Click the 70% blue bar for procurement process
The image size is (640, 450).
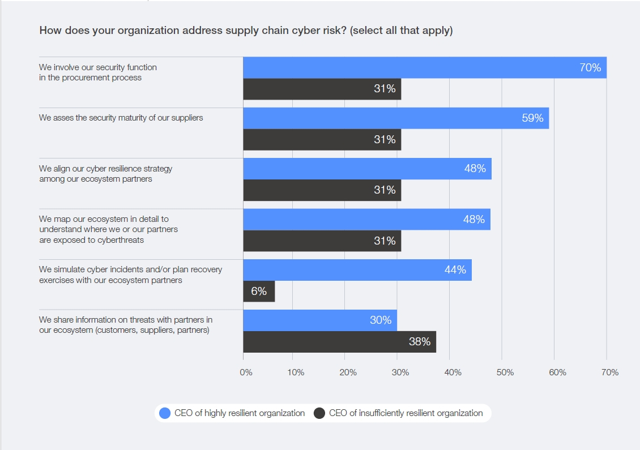click(425, 67)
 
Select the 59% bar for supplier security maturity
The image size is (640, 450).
click(396, 118)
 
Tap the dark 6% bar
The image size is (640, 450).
click(259, 292)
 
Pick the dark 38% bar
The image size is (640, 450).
click(340, 342)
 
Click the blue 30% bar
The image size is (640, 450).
click(320, 320)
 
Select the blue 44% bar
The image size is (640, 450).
click(357, 270)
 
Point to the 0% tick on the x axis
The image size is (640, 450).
click(246, 372)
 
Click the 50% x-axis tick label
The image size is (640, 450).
click(505, 372)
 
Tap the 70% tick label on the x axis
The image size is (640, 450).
click(610, 372)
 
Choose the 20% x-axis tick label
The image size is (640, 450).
click(348, 372)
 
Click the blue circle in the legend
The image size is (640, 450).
click(165, 413)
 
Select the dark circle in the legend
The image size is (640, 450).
click(319, 413)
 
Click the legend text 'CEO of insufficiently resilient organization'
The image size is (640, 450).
click(406, 413)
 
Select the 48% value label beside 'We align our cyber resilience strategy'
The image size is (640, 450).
click(475, 169)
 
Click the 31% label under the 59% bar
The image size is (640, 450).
click(385, 140)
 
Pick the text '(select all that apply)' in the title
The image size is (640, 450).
click(401, 31)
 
